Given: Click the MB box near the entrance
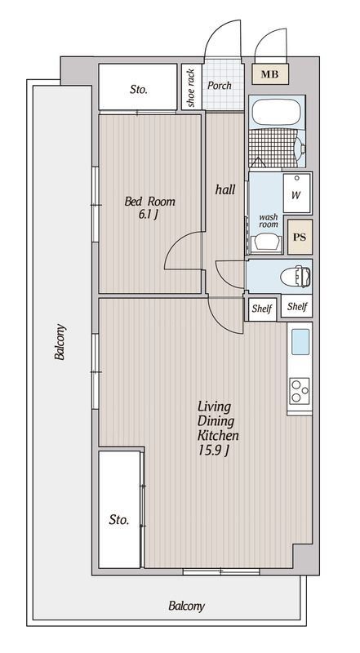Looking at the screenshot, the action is pyautogui.click(x=270, y=74).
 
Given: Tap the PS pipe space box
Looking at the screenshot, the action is pyautogui.click(x=300, y=237).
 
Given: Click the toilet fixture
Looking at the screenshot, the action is pyautogui.click(x=296, y=276).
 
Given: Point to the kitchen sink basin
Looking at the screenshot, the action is pyautogui.click(x=300, y=341).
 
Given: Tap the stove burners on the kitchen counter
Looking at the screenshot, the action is pyautogui.click(x=300, y=391).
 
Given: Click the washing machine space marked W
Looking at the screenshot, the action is pyautogui.click(x=296, y=193).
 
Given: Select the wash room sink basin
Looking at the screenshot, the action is pyautogui.click(x=266, y=242).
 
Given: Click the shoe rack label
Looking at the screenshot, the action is pyautogui.click(x=191, y=88).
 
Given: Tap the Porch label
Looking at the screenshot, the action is pyautogui.click(x=220, y=86).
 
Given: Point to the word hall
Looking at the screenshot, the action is pyautogui.click(x=225, y=189).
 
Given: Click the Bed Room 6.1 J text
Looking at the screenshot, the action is pyautogui.click(x=150, y=208).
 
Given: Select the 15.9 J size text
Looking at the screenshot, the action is pyautogui.click(x=213, y=451).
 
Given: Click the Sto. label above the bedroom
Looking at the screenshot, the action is pyautogui.click(x=138, y=89).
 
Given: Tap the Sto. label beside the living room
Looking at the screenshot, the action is pyautogui.click(x=119, y=519).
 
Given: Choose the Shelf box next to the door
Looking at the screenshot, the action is pyautogui.click(x=262, y=309).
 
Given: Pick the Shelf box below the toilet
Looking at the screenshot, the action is pyautogui.click(x=297, y=307).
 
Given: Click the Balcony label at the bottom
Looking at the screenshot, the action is pyautogui.click(x=187, y=606).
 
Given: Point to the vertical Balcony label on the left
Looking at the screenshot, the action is pyautogui.click(x=60, y=342).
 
